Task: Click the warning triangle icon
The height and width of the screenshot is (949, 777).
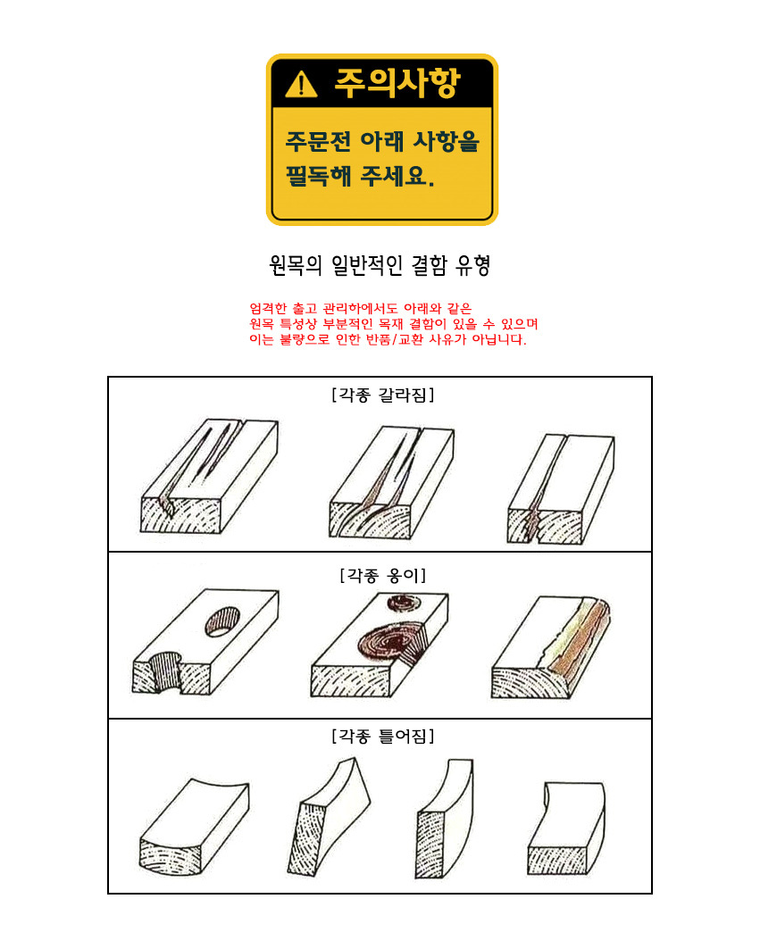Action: pyautogui.click(x=301, y=84)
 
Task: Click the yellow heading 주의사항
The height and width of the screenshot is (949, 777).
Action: pyautogui.click(x=398, y=82)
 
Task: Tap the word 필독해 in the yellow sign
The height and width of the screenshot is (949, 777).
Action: pyautogui.click(x=319, y=176)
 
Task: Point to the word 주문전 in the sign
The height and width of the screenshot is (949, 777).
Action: pyautogui.click(x=319, y=141)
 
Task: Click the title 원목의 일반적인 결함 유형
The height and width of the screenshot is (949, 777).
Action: pyautogui.click(x=380, y=265)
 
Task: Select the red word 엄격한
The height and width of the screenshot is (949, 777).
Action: pyautogui.click(x=268, y=309)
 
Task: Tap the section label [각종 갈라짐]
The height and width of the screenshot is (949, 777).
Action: pyautogui.click(x=383, y=395)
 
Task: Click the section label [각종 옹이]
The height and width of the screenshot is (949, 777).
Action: pyautogui.click(x=383, y=575)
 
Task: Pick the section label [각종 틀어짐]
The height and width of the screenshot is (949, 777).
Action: pyautogui.click(x=383, y=736)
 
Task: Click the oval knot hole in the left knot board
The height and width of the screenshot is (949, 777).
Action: pyautogui.click(x=222, y=621)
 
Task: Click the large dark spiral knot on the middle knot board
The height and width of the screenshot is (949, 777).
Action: pyautogui.click(x=390, y=643)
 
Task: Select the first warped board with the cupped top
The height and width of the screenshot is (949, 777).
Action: pyautogui.click(x=195, y=827)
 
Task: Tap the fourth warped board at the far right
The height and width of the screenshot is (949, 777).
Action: pyautogui.click(x=566, y=828)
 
